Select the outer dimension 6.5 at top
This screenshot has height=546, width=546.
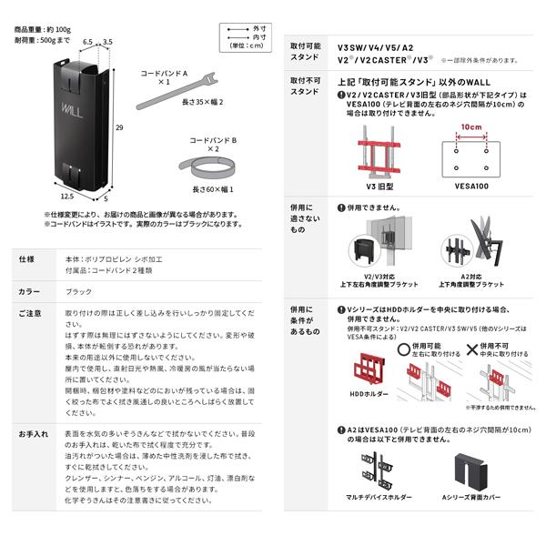coord(88,41)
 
